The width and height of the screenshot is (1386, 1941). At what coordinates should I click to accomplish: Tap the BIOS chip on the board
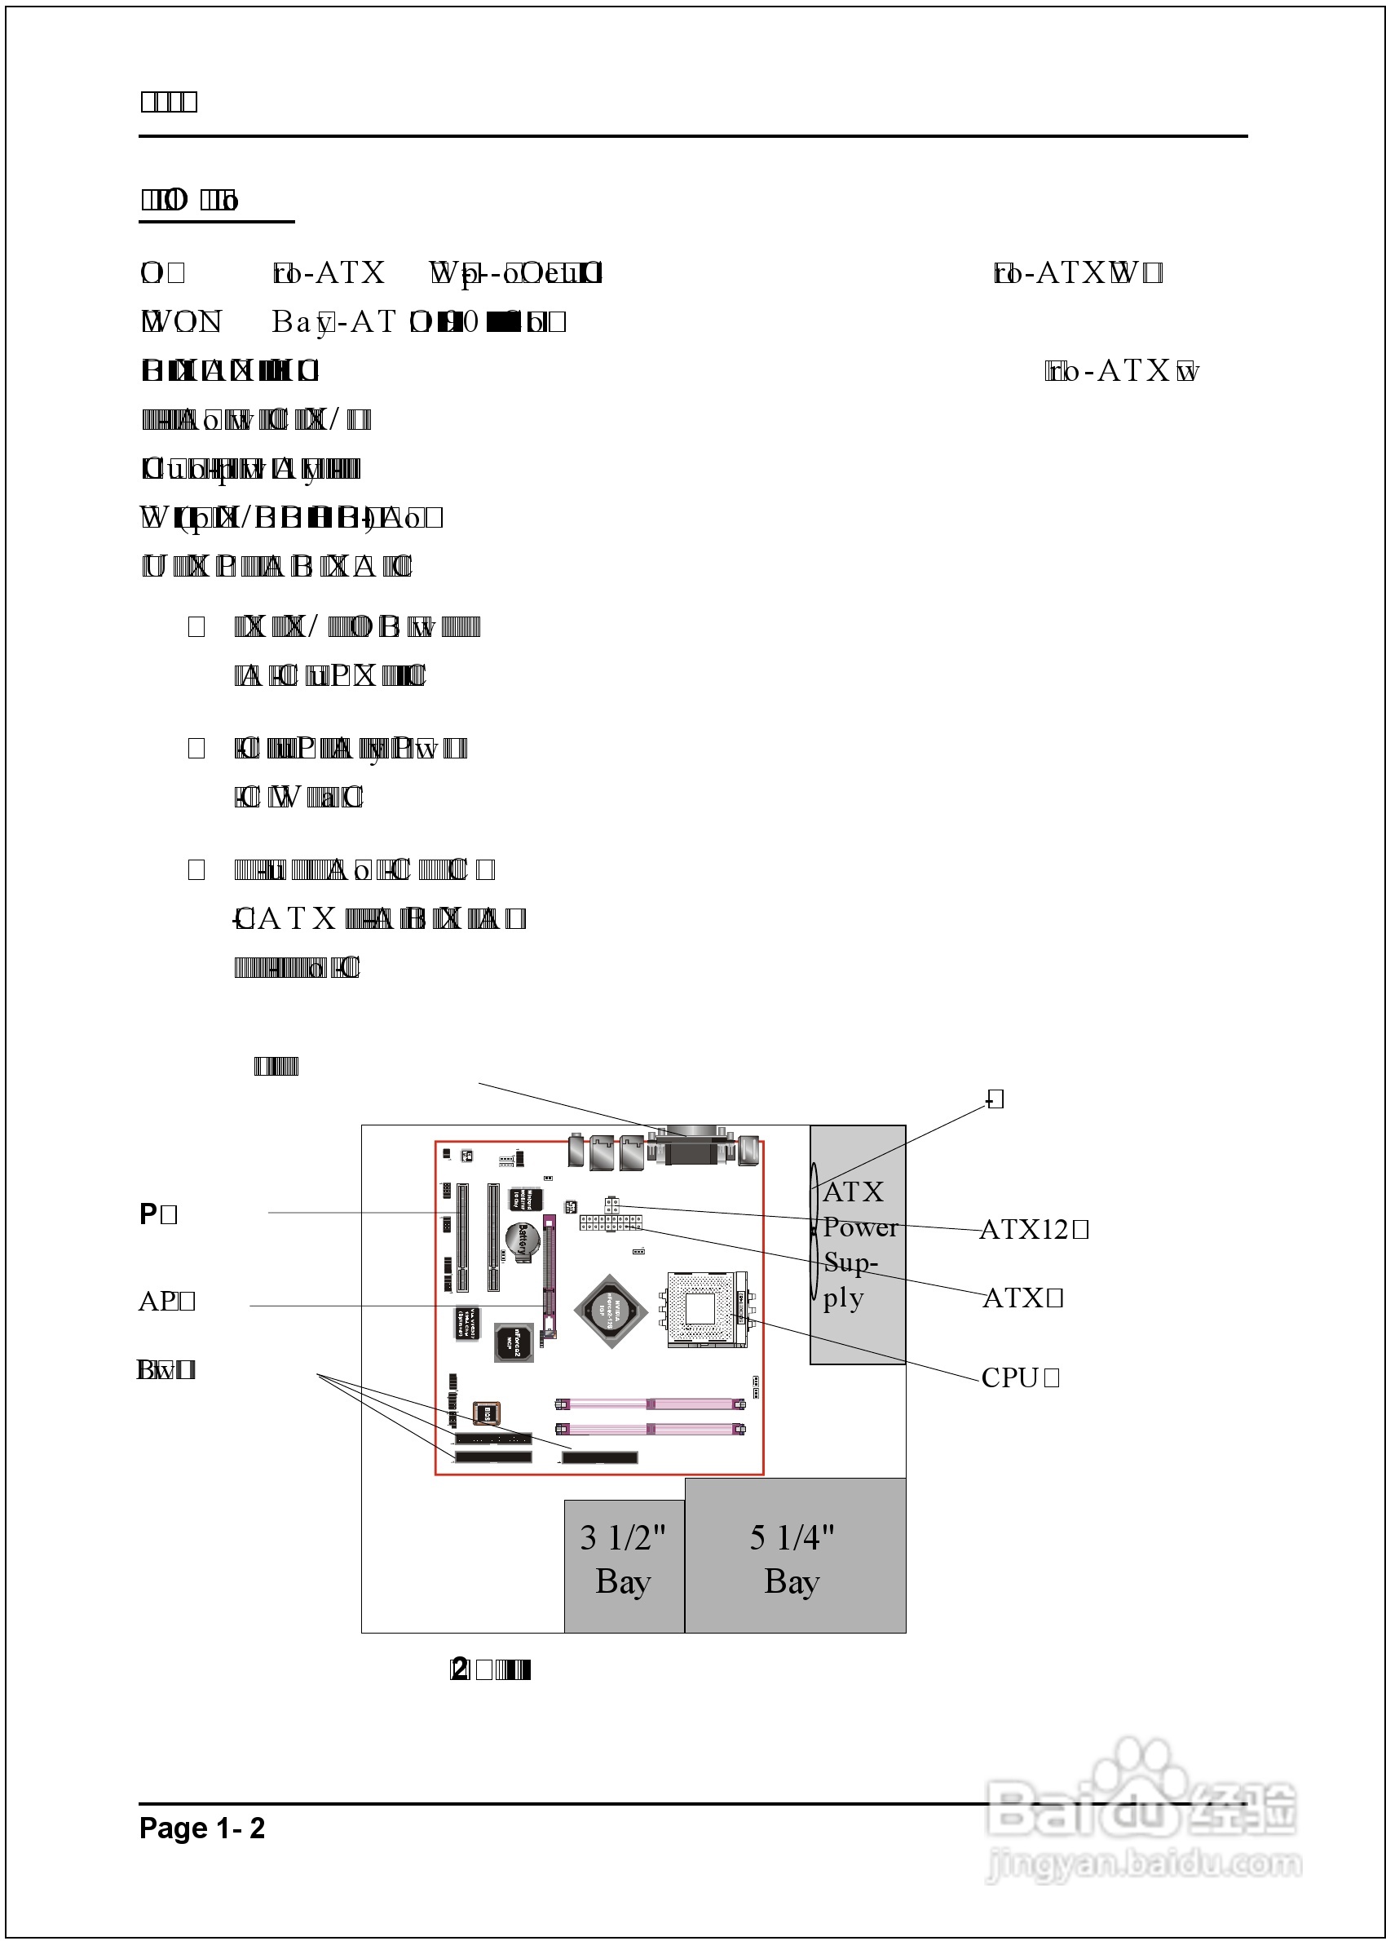[x=487, y=1413]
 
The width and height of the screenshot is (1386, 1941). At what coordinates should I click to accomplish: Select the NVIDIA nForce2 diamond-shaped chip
[x=611, y=1311]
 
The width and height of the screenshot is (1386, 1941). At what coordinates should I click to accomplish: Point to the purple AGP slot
[x=550, y=1277]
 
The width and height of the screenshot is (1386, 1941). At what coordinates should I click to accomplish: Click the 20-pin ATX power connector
[x=610, y=1223]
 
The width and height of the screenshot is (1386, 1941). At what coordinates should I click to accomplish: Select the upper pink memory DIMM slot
[x=651, y=1404]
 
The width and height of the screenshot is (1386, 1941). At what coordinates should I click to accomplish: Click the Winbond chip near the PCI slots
[x=526, y=1199]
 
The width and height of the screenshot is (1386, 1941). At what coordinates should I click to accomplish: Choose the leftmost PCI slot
[x=462, y=1237]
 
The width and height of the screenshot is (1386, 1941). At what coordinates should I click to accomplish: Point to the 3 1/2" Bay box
[x=624, y=1559]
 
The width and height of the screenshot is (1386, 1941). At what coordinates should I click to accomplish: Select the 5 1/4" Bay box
[x=795, y=1559]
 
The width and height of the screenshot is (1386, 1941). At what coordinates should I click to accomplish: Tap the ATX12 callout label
[x=1033, y=1230]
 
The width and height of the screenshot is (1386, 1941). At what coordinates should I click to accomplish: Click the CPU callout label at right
[x=1019, y=1377]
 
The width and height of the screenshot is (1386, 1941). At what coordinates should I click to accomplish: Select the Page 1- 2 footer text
[x=201, y=1828]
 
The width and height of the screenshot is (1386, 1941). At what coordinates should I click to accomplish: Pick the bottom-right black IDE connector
[x=599, y=1458]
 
